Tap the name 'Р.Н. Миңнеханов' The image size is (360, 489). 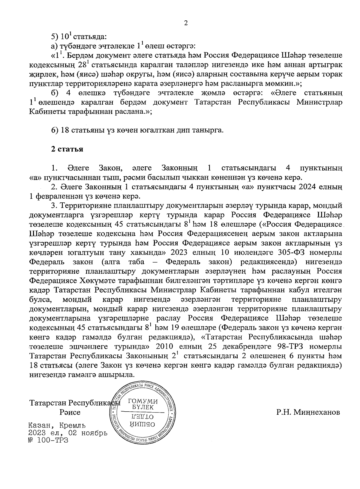point(308,412)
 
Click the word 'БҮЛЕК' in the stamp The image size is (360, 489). point(143,407)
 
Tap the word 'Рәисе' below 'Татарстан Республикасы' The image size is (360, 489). point(70,413)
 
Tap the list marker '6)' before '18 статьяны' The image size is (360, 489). point(55,130)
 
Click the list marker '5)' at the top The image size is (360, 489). point(55,37)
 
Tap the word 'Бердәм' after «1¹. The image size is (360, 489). point(79,56)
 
